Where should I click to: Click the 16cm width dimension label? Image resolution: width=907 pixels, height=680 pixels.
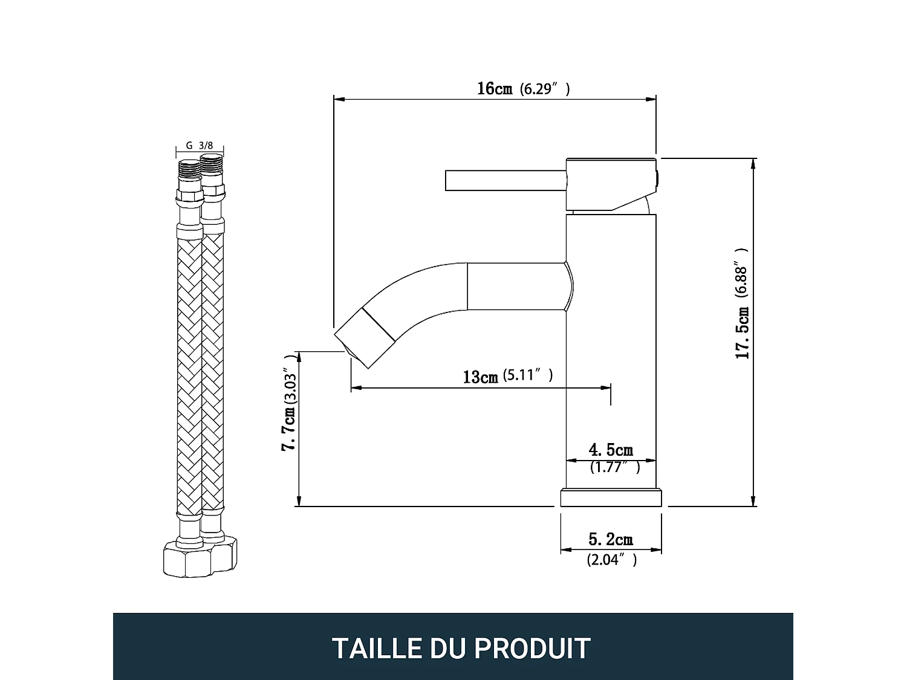click(494, 89)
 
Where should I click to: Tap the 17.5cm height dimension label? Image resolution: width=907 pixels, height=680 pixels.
click(743, 332)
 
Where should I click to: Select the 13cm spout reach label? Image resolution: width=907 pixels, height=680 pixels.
click(480, 377)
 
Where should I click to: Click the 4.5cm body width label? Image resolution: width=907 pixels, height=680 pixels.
click(611, 450)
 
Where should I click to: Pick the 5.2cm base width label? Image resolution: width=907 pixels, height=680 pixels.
click(611, 539)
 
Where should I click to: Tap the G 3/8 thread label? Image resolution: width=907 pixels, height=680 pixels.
click(199, 146)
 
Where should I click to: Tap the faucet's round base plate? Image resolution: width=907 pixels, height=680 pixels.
click(611, 498)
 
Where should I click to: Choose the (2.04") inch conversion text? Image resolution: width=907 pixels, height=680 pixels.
click(611, 560)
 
